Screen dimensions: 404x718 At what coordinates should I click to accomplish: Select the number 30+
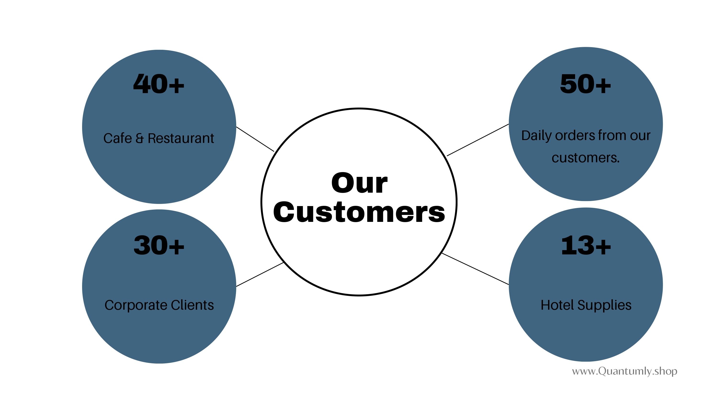click(159, 245)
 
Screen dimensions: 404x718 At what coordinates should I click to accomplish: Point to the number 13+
click(586, 245)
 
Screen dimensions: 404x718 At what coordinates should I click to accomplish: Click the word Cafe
click(117, 138)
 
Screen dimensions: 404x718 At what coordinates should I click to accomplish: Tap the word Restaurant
click(181, 138)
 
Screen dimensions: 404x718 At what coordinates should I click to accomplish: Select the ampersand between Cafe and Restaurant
click(139, 138)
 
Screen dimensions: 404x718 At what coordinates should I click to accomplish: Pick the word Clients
click(192, 305)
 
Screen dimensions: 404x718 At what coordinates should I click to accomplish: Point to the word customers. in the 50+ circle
click(586, 158)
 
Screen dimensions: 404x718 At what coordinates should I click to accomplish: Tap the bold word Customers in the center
click(359, 212)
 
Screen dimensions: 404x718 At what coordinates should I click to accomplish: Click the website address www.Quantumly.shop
click(624, 371)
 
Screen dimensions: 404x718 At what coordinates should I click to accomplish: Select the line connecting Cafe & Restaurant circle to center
click(255, 139)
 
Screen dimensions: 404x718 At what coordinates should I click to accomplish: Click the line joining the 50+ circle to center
click(478, 140)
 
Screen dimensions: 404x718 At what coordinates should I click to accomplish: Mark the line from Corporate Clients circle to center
click(260, 274)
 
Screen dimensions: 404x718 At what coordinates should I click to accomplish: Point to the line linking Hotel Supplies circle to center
click(475, 269)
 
